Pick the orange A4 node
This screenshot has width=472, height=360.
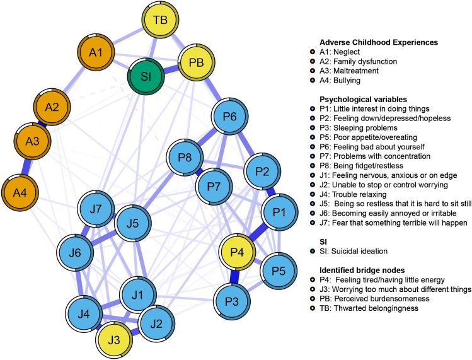click(20, 190)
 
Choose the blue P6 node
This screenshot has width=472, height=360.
click(229, 117)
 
